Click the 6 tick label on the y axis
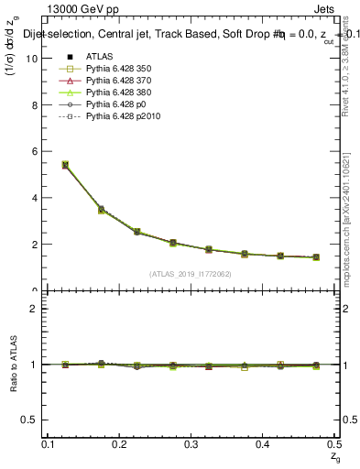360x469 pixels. (37, 151)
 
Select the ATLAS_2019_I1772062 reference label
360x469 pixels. (191, 274)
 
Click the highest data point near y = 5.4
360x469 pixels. (65, 165)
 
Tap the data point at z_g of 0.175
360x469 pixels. (101, 210)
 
